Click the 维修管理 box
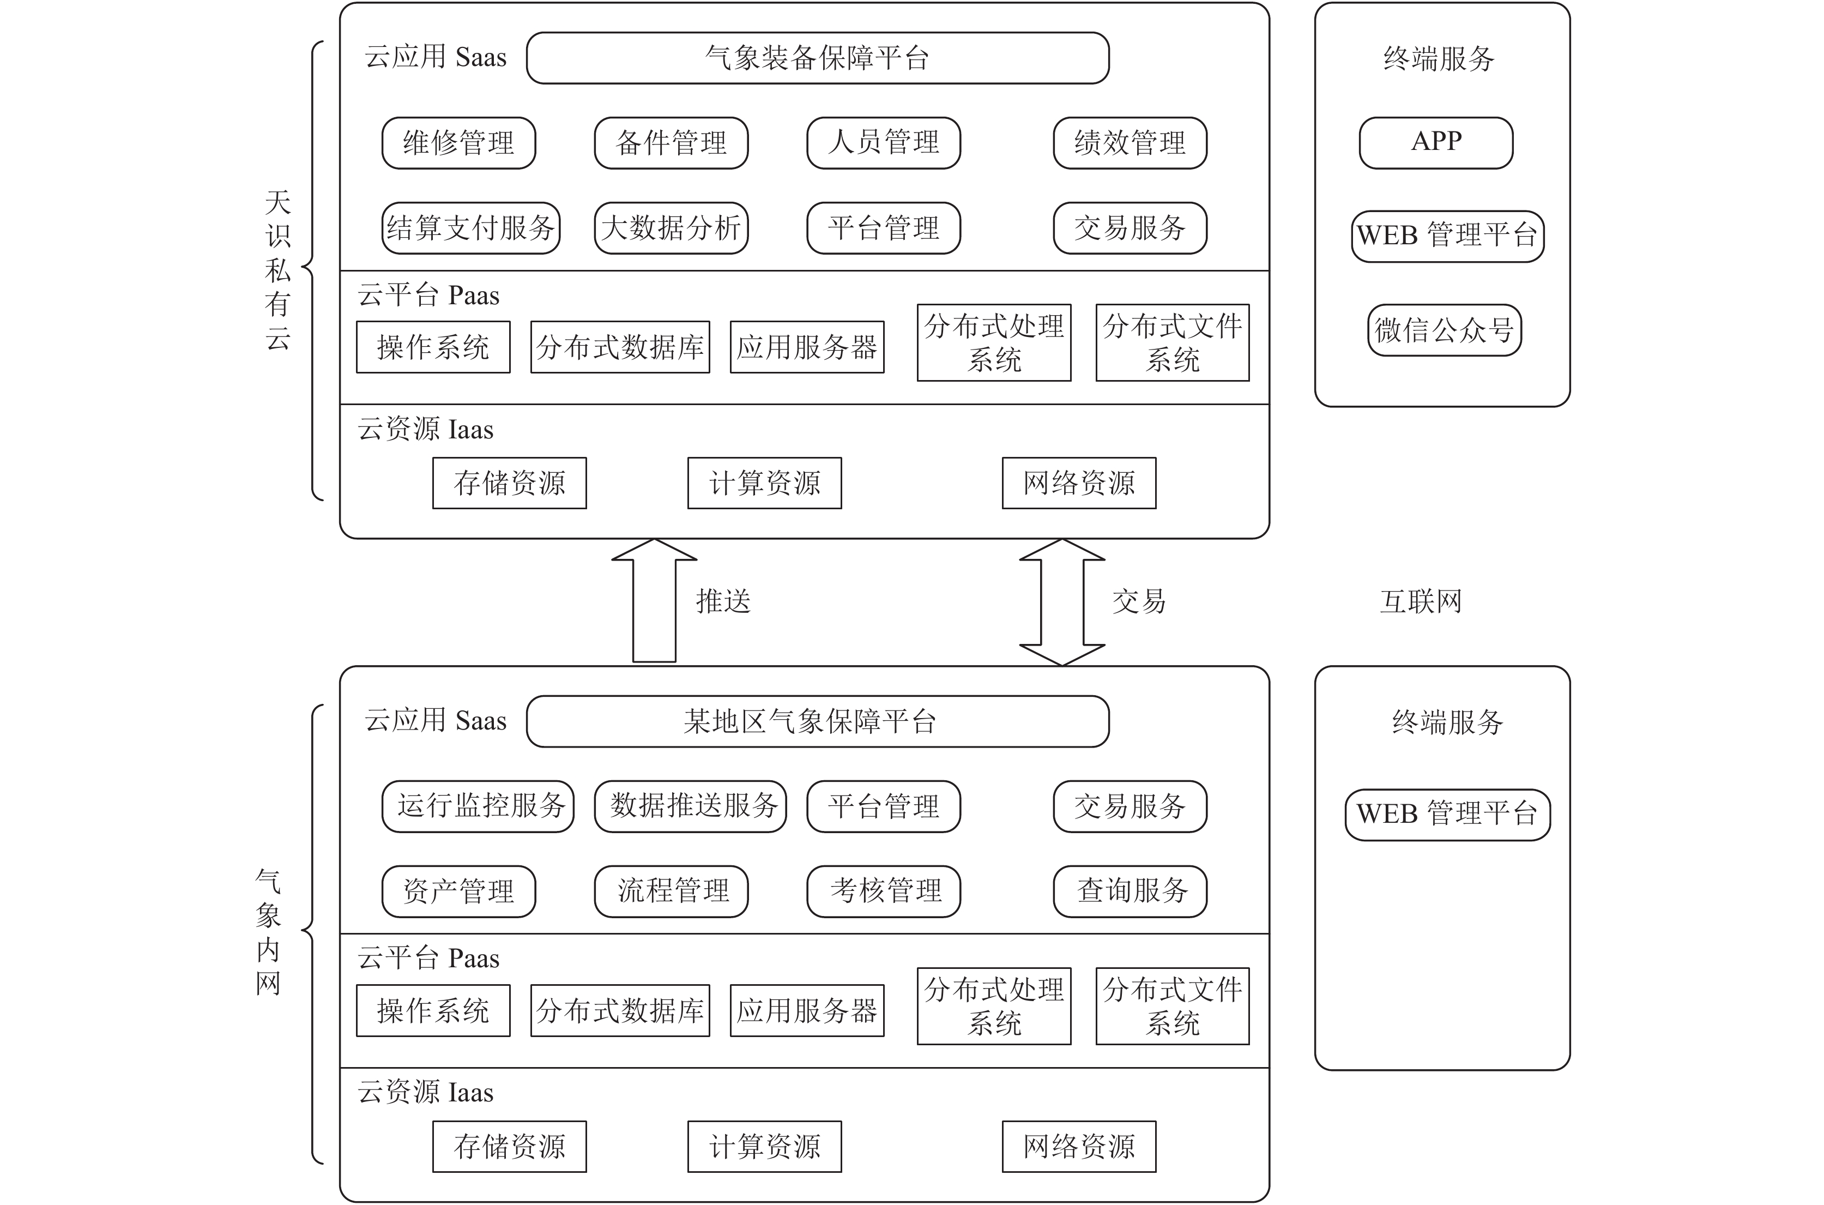458,143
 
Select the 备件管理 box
671,143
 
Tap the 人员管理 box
884,143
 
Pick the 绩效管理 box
1130,143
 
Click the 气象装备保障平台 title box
818,58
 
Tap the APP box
1436,143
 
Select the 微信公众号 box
1445,330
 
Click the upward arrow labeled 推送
655,600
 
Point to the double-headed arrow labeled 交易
1062,602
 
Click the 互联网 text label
1421,601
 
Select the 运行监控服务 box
478,806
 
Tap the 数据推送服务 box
691,806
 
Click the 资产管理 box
458,891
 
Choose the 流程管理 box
671,891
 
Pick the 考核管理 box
884,891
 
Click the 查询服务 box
1130,891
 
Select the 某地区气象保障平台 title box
818,721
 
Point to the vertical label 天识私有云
278,270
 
